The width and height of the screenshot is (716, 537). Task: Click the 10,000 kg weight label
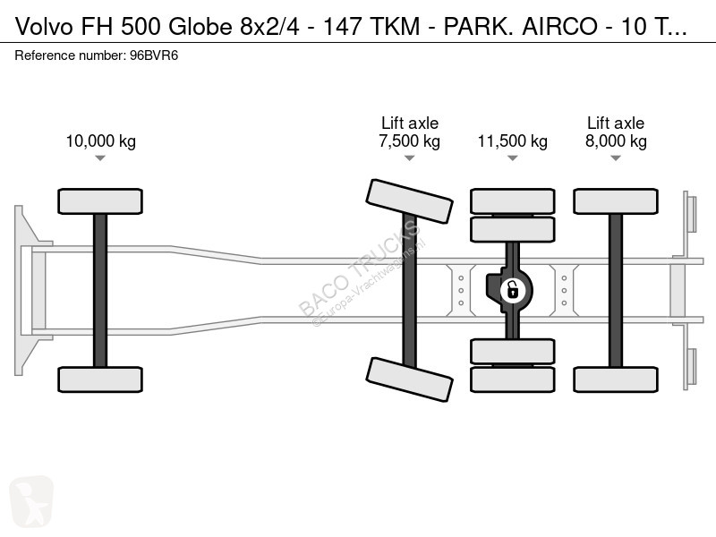point(100,141)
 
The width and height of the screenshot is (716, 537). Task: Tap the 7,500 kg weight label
point(409,141)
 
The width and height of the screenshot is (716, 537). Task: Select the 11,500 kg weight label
point(512,141)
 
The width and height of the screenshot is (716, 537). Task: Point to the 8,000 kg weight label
point(615,141)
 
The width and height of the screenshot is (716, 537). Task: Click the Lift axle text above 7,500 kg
point(409,124)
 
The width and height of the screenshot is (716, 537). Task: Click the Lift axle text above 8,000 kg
point(615,124)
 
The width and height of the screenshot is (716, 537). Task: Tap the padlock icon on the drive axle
point(512,289)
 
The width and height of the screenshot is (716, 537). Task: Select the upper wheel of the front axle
point(100,201)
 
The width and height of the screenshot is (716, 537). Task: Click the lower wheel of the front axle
point(100,379)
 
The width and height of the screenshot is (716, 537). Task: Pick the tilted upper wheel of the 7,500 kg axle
point(409,201)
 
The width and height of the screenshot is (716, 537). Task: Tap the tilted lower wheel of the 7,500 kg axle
point(409,379)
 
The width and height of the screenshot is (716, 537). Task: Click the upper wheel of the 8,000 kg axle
point(615,201)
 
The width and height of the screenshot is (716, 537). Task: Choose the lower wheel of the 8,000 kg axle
point(615,379)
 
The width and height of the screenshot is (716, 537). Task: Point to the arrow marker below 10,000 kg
point(100,158)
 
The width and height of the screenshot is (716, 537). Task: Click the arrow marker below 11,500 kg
point(512,158)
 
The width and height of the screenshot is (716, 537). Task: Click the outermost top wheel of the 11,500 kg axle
point(512,200)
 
